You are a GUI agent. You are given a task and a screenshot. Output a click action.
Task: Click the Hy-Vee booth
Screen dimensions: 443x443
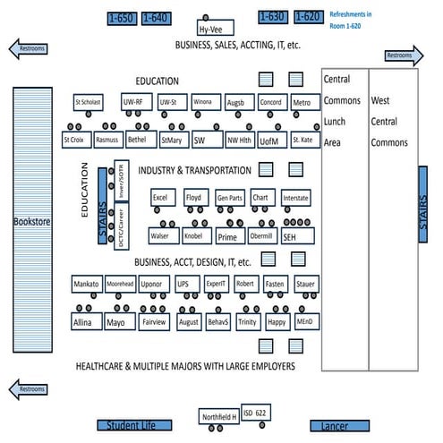pos(216,29)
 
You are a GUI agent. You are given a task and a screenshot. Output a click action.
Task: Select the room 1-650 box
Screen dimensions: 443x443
pos(121,17)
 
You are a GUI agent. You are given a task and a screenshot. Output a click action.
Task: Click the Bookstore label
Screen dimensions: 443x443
pos(29,221)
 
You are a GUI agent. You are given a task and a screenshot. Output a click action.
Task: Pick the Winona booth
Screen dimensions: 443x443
pos(202,102)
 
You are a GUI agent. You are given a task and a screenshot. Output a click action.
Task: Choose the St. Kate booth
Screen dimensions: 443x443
pos(302,140)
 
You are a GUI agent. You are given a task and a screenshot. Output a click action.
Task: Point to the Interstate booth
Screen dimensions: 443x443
pos(295,197)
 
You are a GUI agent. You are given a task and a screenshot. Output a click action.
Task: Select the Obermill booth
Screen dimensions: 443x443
pos(260,236)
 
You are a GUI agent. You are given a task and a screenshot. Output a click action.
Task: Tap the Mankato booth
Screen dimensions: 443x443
pos(86,284)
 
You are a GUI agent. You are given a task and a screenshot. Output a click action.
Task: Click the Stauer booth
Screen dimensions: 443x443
pos(306,284)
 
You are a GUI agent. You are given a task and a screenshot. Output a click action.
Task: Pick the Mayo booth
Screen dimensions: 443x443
pos(115,320)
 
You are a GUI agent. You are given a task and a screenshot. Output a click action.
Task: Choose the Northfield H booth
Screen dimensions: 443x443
pos(218,416)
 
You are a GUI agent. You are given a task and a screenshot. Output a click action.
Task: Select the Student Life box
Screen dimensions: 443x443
pos(132,426)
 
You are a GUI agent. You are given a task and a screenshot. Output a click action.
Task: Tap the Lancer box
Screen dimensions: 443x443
pos(334,427)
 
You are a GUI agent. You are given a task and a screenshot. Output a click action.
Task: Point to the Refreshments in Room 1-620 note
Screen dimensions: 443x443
pos(362,21)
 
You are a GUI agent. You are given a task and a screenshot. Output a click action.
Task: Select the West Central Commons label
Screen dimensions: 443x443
pos(389,122)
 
